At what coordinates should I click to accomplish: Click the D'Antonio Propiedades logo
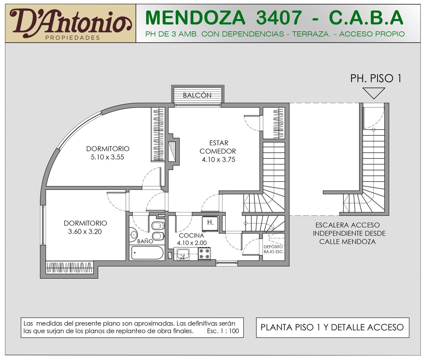coord(70,23)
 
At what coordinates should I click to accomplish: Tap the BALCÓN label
coord(197,95)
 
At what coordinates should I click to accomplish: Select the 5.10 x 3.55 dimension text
coord(107,157)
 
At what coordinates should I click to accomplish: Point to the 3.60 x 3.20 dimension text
coord(85,232)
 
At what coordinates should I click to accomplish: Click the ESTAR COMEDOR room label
coord(218,147)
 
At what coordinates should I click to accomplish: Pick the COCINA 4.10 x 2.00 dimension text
coord(192,243)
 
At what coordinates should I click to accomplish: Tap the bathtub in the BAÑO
coord(147,253)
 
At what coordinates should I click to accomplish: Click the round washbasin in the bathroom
coord(134,234)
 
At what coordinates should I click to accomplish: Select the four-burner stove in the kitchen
coord(204,253)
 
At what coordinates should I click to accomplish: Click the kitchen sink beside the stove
coord(183,254)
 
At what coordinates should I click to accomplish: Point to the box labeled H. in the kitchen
coord(210,224)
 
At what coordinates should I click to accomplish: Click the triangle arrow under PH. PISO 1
coord(374,93)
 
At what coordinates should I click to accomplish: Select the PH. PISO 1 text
coord(376,79)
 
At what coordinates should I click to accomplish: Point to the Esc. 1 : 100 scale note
coord(223,331)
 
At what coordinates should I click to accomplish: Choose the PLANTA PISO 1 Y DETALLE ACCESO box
coord(332,328)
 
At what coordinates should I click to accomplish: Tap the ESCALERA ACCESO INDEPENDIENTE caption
coord(349,233)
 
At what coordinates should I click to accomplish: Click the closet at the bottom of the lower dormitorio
coord(69,268)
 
